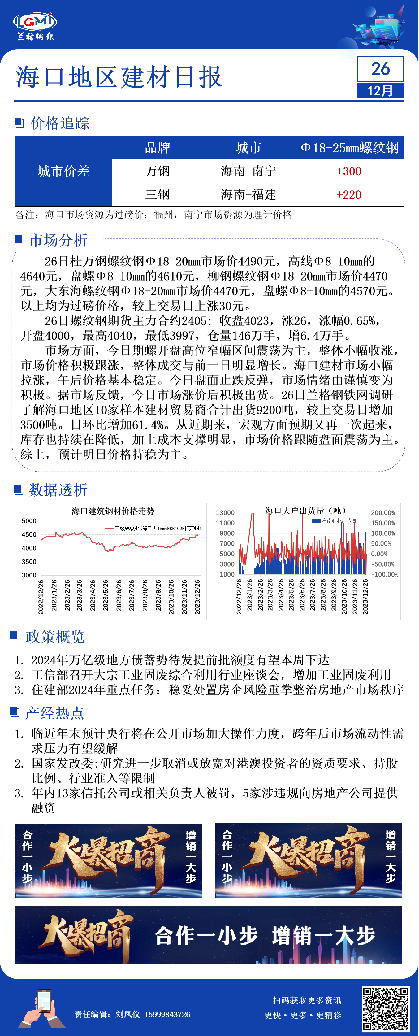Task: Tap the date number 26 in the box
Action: (380, 69)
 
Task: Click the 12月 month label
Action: (380, 91)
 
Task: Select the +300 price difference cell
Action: (349, 171)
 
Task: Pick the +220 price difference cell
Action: (349, 195)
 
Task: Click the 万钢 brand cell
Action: (158, 171)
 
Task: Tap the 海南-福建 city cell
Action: (248, 195)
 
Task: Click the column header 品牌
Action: (158, 148)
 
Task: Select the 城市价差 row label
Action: (63, 171)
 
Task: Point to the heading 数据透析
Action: (58, 490)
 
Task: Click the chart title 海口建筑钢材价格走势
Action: (113, 511)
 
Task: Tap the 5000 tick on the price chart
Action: (29, 521)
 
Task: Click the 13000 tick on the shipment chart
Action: (225, 513)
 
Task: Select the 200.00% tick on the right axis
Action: (383, 513)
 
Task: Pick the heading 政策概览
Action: (55, 637)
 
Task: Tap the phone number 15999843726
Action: (167, 1015)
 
